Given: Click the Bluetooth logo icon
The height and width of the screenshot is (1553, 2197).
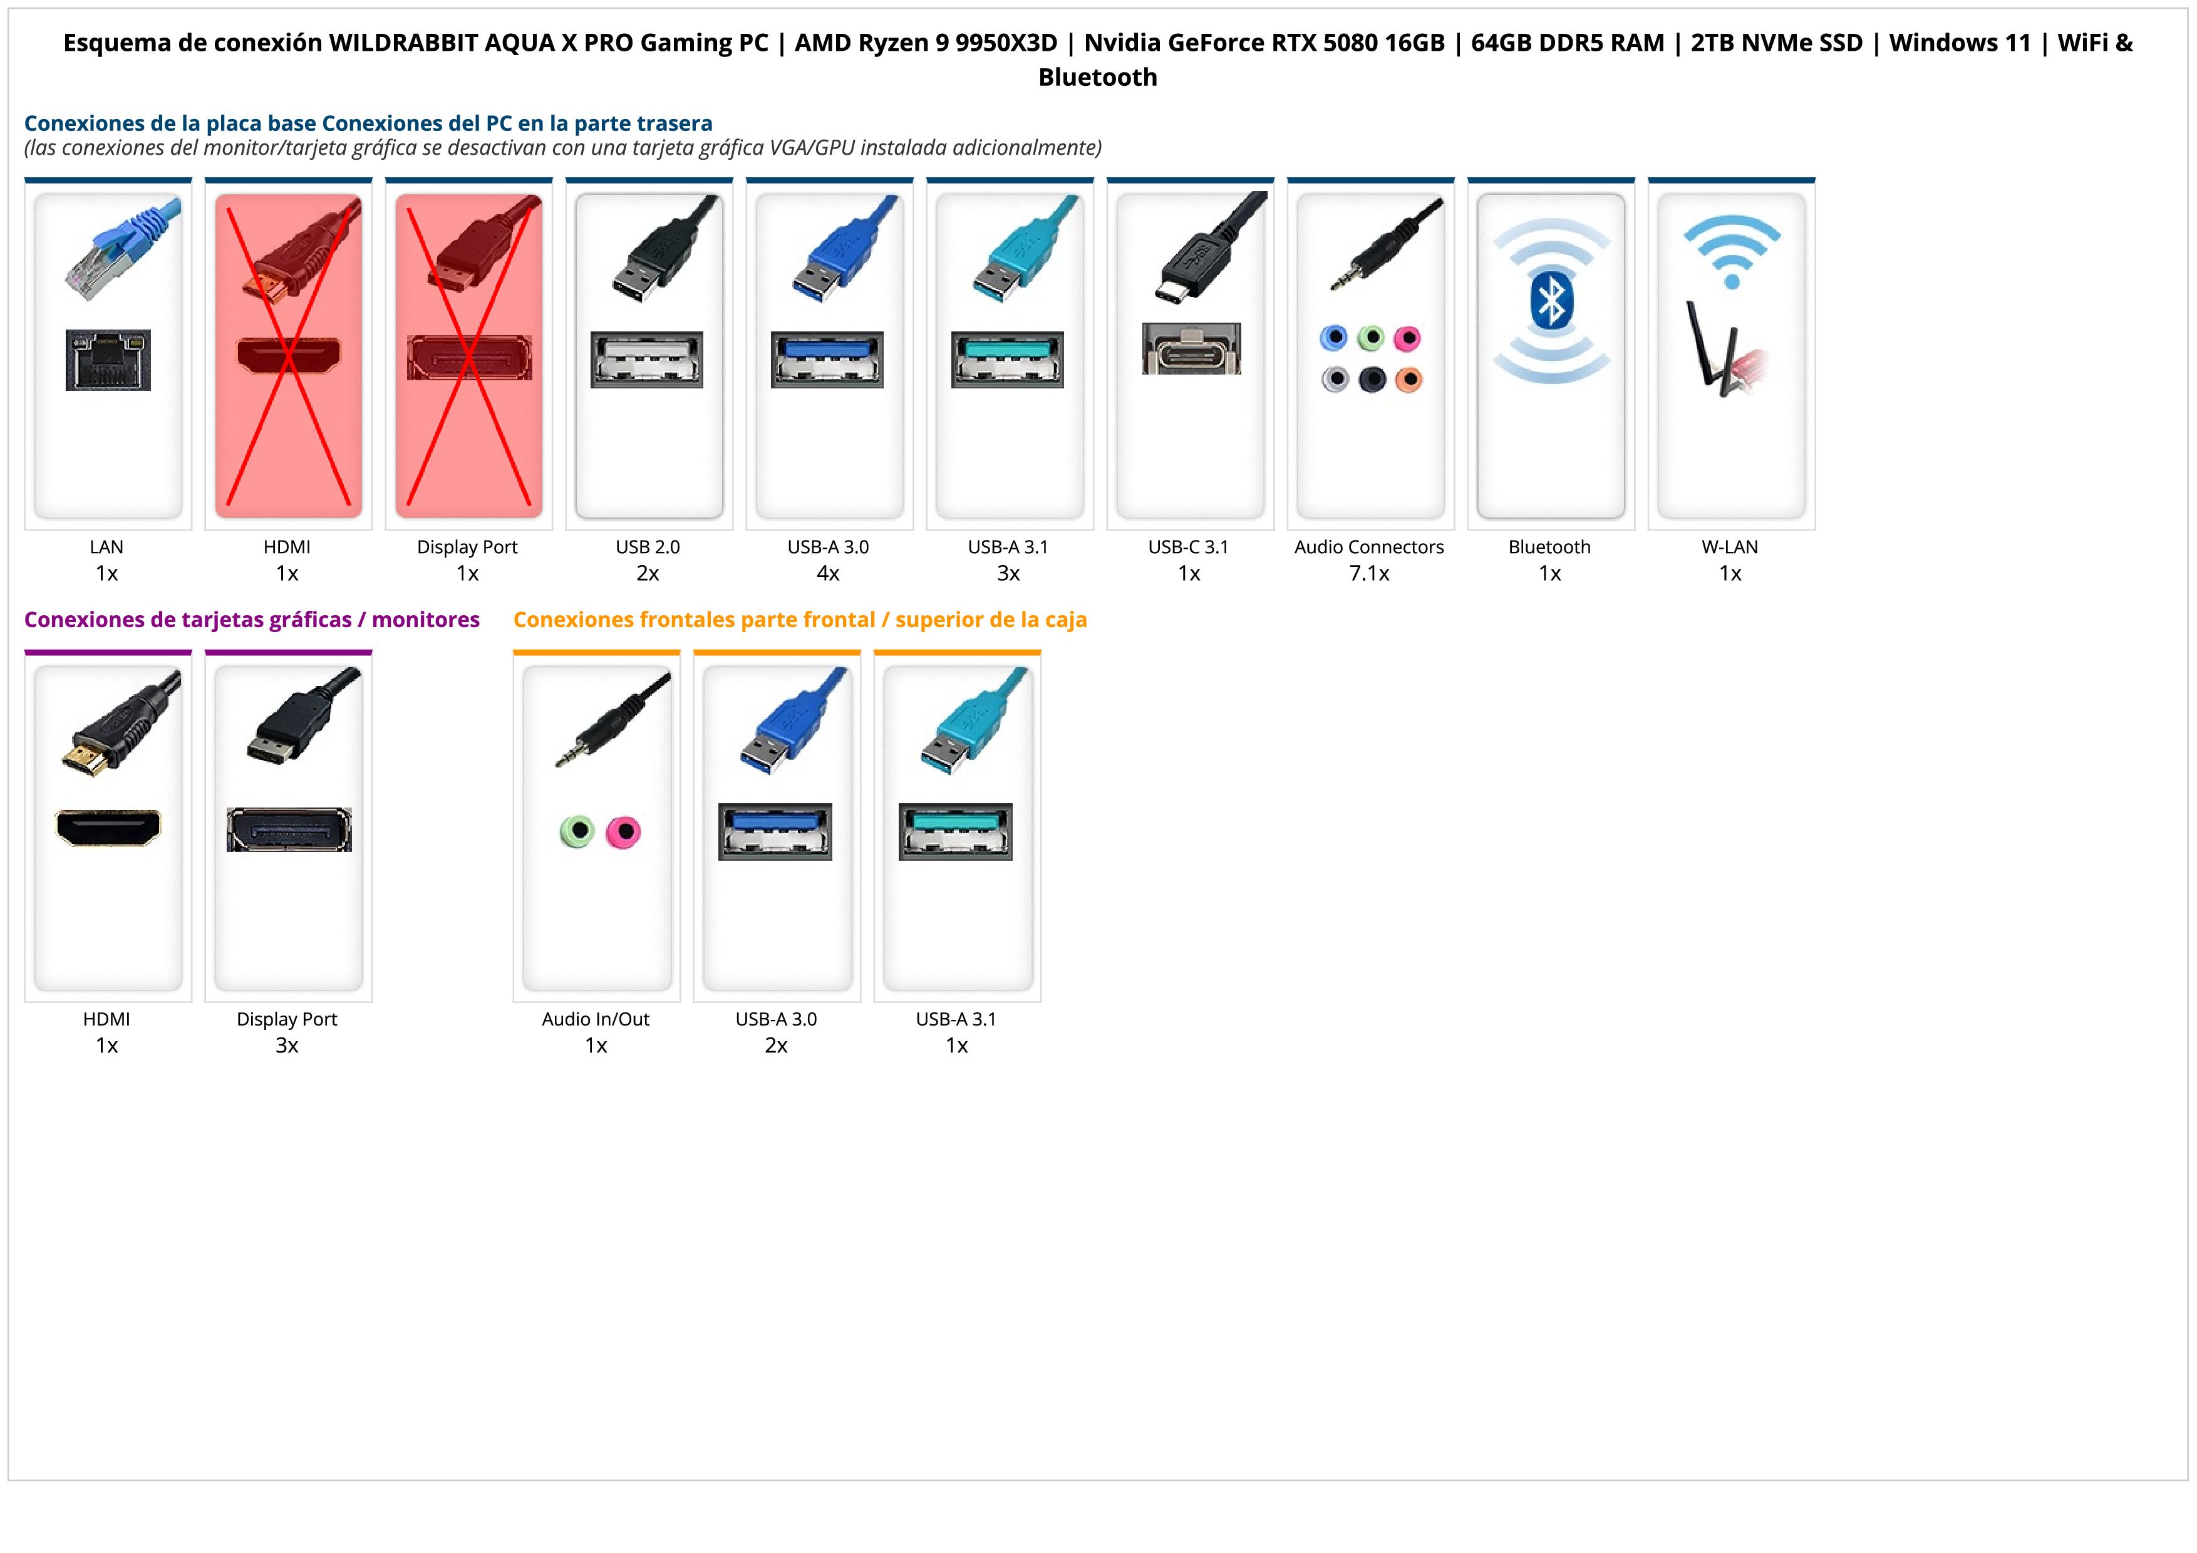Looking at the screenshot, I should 1550,303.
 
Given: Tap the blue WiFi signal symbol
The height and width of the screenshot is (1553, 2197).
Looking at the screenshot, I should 1731,251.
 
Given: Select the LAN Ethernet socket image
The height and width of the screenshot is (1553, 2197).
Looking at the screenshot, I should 108,360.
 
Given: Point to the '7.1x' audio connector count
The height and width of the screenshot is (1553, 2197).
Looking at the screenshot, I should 1369,573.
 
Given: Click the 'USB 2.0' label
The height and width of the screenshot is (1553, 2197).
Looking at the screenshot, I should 648,548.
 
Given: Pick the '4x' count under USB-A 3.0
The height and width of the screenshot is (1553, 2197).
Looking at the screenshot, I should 828,573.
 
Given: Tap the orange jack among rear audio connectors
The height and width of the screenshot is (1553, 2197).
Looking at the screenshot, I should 1409,380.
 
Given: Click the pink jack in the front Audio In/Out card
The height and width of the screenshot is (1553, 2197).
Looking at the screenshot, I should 623,831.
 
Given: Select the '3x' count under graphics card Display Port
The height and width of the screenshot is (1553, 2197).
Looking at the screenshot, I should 287,1045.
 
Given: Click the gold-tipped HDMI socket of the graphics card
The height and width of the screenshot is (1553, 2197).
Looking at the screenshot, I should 108,828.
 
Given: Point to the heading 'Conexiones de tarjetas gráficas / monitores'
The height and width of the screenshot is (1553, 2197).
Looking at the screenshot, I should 252,620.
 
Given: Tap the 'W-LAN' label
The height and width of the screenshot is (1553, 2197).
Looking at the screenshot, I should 1730,548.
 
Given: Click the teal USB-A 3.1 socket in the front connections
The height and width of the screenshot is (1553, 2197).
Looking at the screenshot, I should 956,831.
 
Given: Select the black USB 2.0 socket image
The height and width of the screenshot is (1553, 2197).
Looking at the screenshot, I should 647,360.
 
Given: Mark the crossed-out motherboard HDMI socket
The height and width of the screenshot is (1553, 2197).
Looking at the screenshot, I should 288,356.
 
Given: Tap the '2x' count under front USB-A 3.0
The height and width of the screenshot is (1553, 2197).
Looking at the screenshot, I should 776,1045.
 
